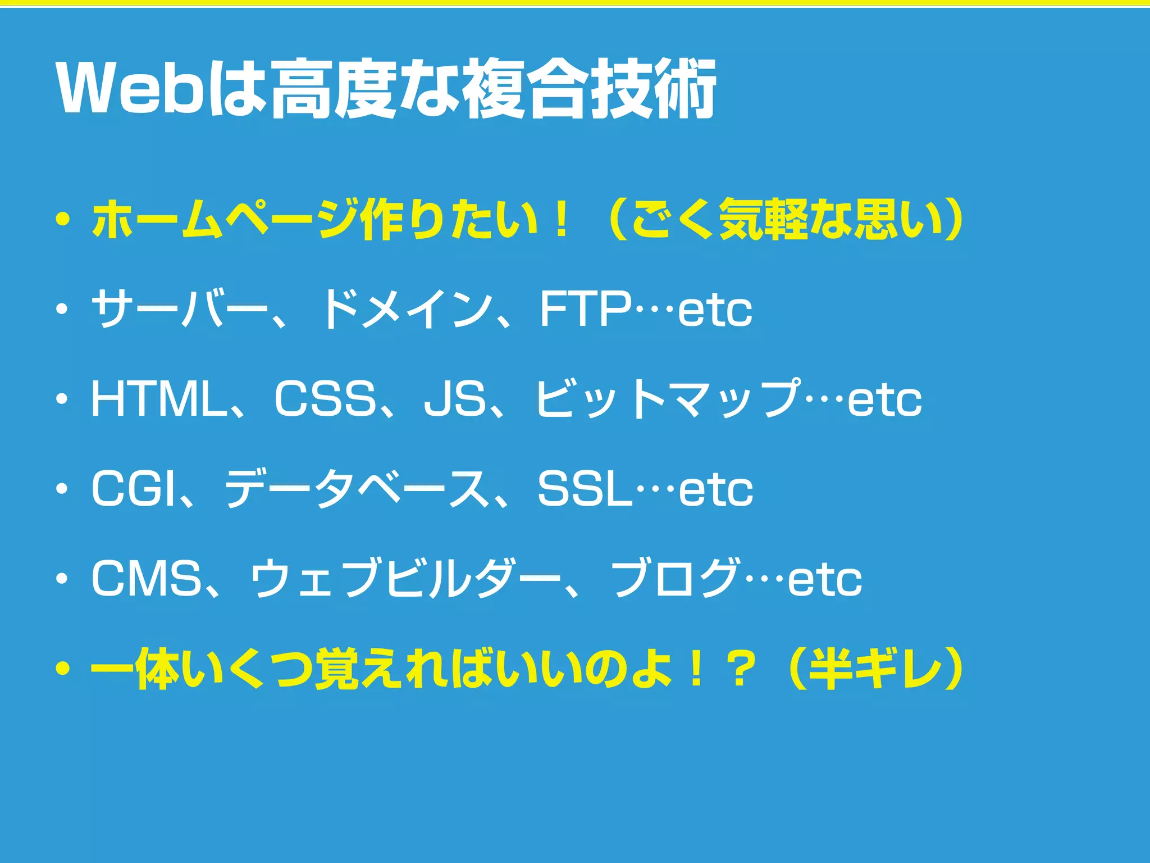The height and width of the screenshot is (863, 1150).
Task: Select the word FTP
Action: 585,308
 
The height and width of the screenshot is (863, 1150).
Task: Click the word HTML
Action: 158,399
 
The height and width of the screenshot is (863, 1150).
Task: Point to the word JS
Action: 455,399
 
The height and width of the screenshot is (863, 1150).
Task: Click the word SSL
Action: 585,489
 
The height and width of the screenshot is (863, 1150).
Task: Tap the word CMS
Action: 147,579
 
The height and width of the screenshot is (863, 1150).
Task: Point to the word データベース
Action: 357,489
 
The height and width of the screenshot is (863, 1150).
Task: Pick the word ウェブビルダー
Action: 404,579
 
